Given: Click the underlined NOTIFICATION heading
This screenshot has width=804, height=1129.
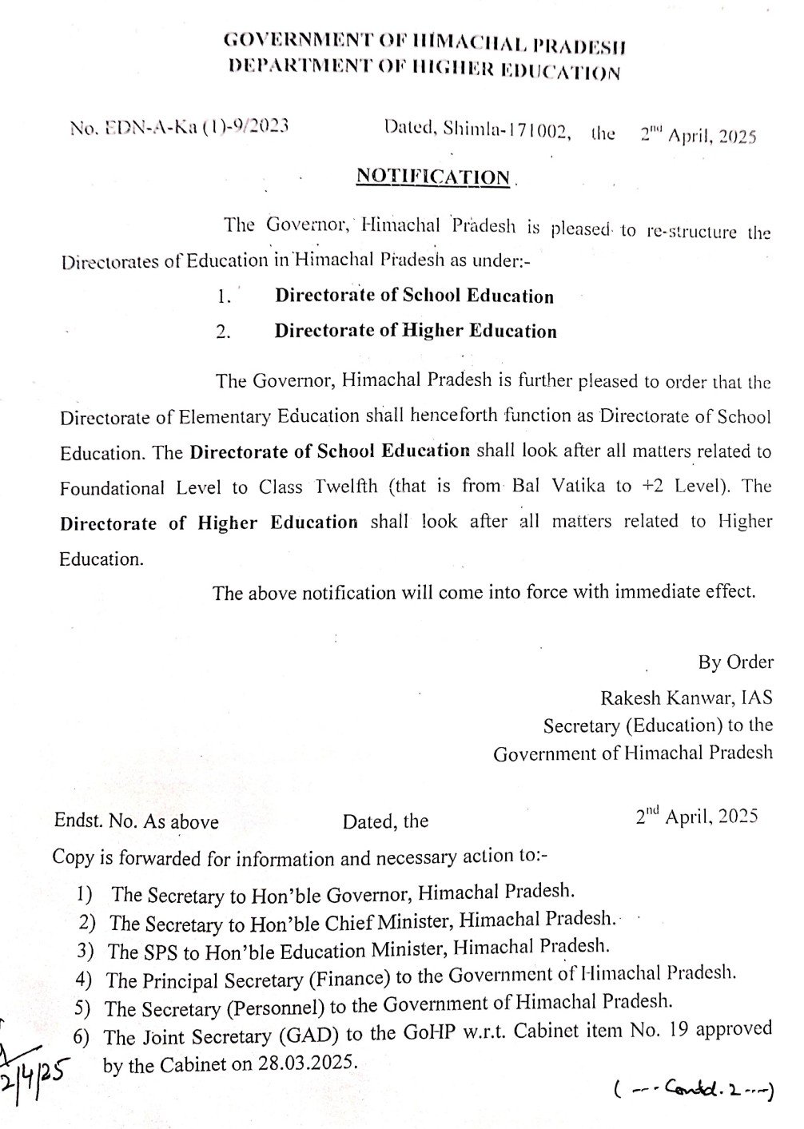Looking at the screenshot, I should [x=432, y=177].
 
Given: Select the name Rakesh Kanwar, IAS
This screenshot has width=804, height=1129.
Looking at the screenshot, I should [x=687, y=698].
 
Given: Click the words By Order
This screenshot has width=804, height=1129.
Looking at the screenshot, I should [x=735, y=662].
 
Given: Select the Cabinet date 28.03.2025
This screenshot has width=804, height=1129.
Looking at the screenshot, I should [x=308, y=1064].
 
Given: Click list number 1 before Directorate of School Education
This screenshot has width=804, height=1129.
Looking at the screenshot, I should [x=224, y=297].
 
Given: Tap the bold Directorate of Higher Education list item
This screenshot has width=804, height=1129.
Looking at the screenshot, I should [x=416, y=331].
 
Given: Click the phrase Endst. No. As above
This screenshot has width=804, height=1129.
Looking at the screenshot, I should [x=136, y=822].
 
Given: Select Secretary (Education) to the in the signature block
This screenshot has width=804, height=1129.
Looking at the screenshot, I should [x=658, y=726].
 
